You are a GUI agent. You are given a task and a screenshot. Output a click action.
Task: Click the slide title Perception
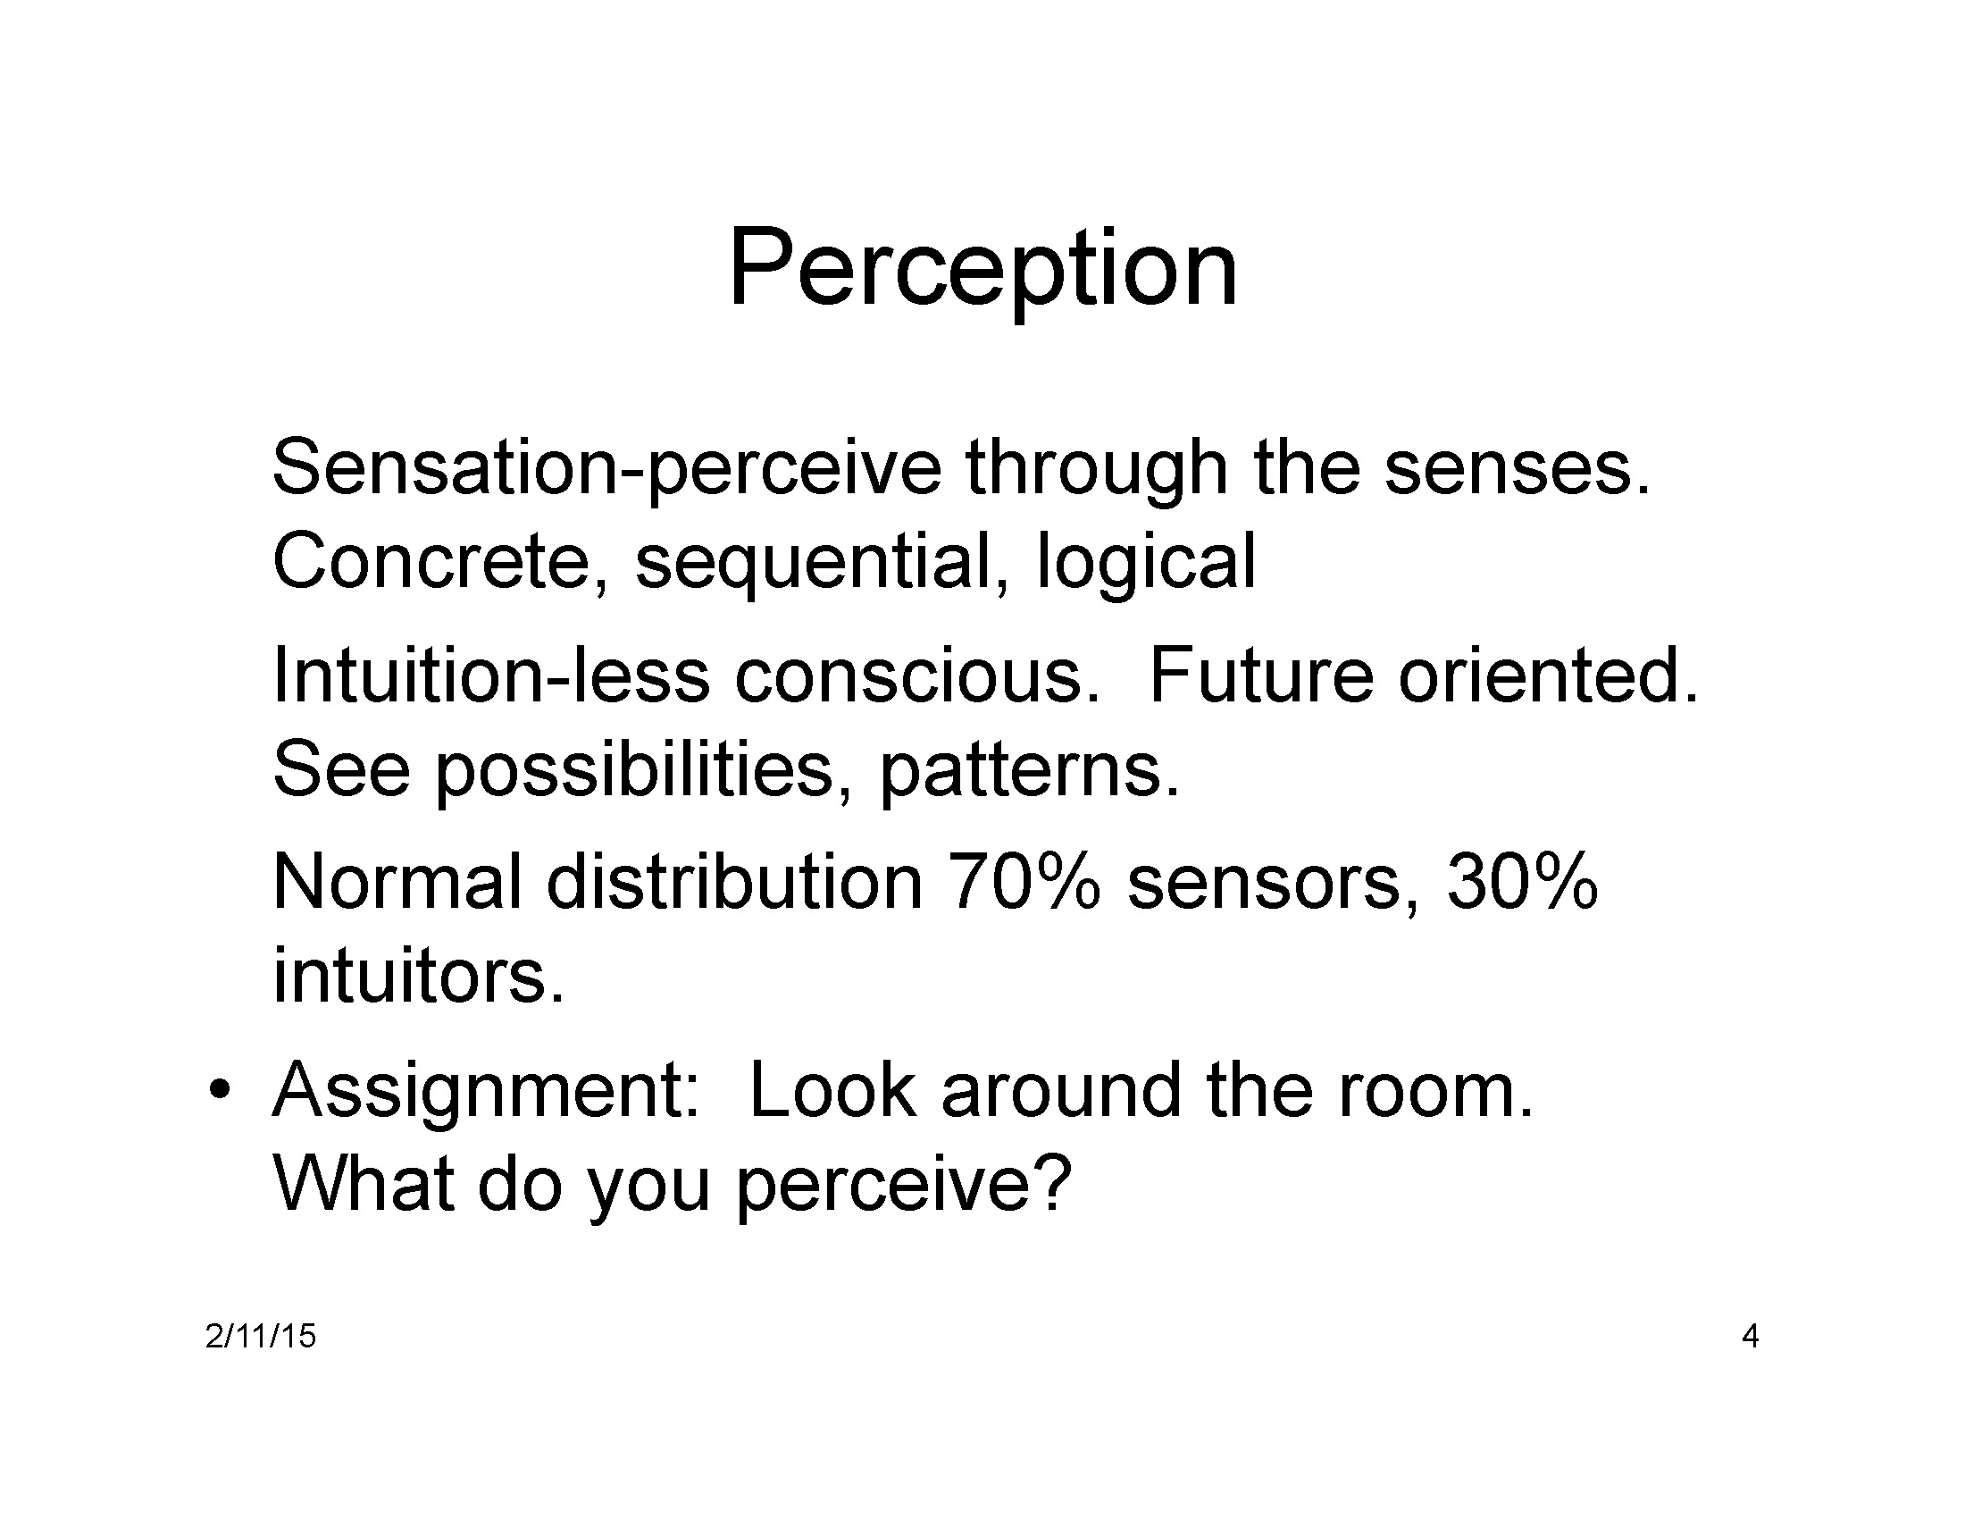click(982, 270)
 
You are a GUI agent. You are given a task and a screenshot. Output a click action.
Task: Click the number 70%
click(1024, 882)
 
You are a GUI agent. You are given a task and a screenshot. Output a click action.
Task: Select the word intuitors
click(418, 976)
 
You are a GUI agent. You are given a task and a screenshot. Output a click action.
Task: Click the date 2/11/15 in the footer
click(260, 1337)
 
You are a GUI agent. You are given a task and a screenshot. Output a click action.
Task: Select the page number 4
click(1750, 1337)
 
